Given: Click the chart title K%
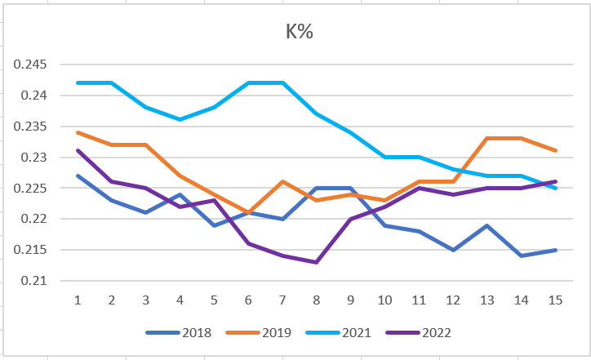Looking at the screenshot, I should coord(299,33).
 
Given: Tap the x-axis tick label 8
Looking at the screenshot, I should coord(316,300).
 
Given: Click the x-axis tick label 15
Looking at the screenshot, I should coord(555,300).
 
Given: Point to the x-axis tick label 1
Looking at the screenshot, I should coord(78,300).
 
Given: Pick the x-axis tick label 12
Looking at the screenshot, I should coord(453,300).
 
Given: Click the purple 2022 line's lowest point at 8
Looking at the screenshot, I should coord(316,262).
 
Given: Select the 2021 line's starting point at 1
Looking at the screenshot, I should coord(78,82).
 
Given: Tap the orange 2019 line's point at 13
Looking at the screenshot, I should coord(487,138).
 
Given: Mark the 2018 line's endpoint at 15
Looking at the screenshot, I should coord(555,250).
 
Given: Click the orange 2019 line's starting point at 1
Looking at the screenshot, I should coord(78,132).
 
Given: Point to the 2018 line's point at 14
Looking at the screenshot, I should coord(521,256).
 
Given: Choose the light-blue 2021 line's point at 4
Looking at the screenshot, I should coord(180,119).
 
